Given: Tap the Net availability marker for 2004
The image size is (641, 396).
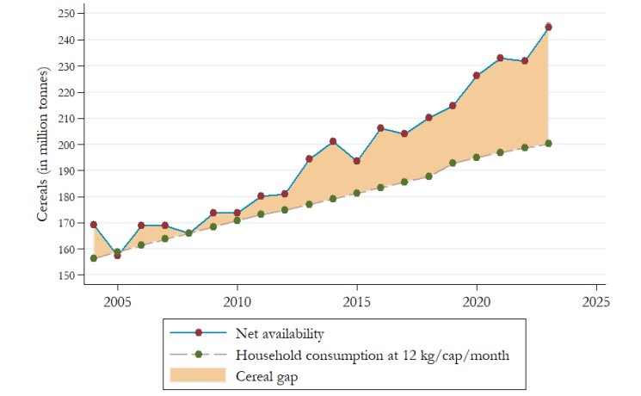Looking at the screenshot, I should (94, 225).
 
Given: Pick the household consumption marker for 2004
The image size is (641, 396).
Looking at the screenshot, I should (94, 258).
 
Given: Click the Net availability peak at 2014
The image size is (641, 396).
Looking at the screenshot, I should (333, 141).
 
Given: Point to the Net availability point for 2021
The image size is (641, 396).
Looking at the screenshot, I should (500, 58).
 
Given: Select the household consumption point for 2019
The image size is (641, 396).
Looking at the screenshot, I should (453, 163).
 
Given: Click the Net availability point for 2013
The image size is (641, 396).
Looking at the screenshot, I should (309, 158).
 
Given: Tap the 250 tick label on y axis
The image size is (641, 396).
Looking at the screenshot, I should (69, 14).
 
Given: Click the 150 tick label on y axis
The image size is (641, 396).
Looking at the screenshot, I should (69, 275).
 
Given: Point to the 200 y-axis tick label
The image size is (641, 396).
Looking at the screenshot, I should (69, 145).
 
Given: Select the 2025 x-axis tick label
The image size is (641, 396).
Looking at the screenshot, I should (595, 303).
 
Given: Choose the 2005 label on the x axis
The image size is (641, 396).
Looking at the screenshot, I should (118, 303).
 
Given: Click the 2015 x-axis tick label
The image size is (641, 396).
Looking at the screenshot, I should (357, 303).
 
